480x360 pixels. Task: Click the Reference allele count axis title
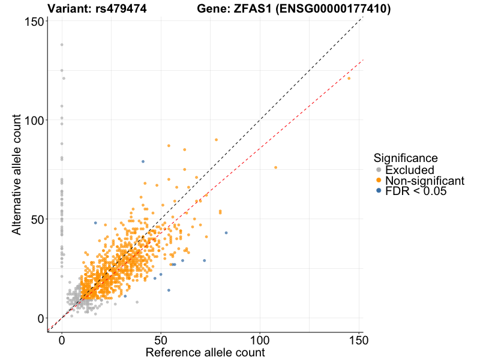(x=205, y=352)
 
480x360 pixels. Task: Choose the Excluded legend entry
(x=409, y=170)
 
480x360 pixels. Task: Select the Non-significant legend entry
(x=424, y=181)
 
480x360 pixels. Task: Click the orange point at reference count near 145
(x=349, y=78)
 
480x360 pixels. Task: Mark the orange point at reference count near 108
(x=276, y=167)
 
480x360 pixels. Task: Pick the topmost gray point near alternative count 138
(x=62, y=44)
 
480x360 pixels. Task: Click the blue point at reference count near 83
(x=226, y=233)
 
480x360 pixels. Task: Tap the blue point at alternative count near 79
(x=143, y=161)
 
